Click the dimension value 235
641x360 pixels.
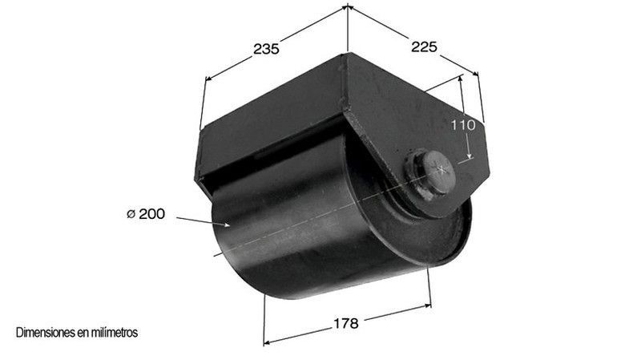[265, 49]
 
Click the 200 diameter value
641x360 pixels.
[151, 214]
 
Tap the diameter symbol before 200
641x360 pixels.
[130, 214]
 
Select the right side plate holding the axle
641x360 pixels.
[401, 120]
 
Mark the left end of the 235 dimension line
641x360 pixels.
[207, 79]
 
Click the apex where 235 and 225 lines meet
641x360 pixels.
[348, 7]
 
